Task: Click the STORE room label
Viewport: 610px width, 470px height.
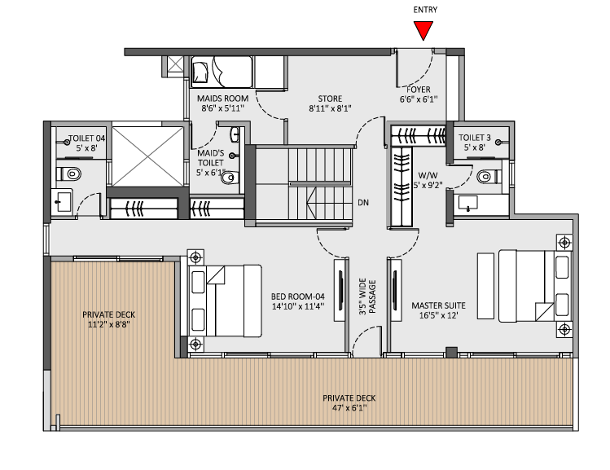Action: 330,99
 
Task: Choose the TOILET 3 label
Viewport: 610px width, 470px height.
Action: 475,138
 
